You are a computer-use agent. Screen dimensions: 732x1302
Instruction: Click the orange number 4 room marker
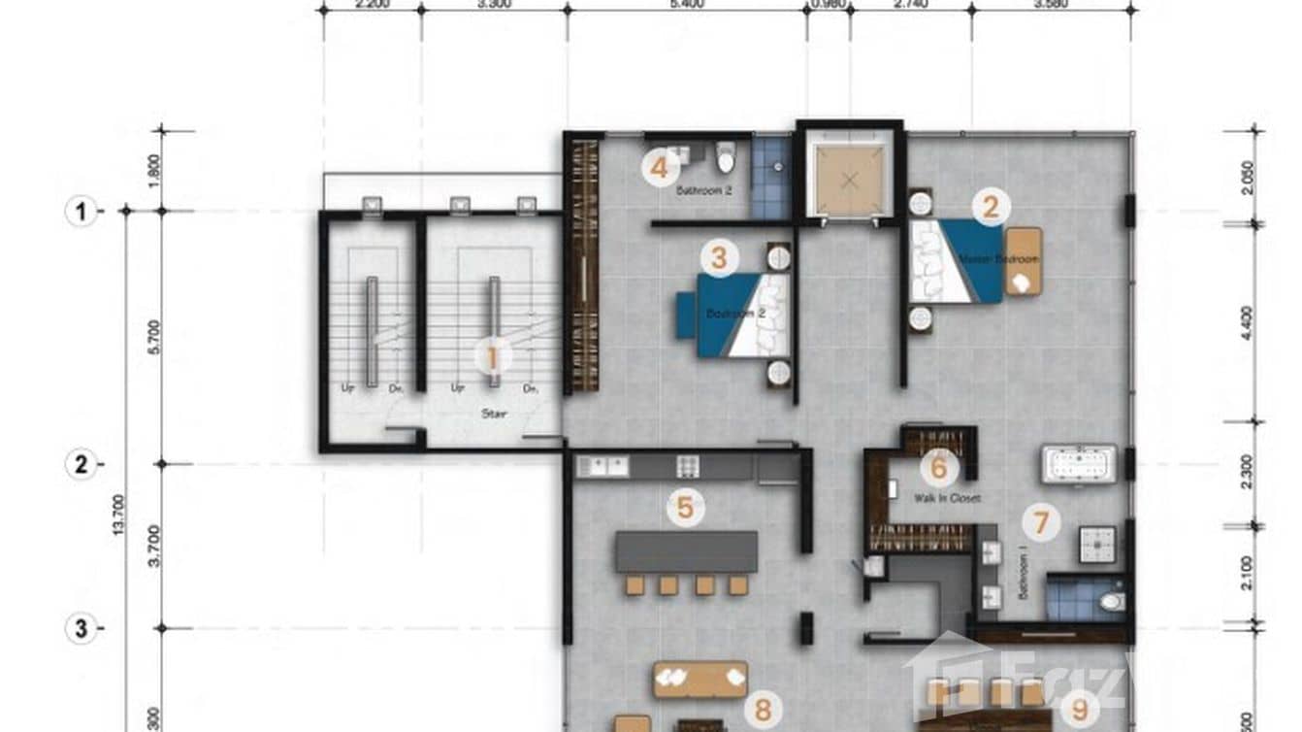[660, 169]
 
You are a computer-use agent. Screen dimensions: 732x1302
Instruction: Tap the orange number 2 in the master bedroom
[991, 207]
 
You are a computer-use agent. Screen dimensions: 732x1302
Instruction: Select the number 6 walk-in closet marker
[938, 469]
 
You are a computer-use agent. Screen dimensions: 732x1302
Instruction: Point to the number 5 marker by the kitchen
[685, 507]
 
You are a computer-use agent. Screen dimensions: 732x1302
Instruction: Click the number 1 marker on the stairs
[492, 357]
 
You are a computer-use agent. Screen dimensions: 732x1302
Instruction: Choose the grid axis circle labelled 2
[81, 464]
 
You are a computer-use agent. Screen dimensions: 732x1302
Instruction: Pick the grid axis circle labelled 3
[81, 629]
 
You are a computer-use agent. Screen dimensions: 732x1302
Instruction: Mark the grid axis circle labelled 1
[81, 211]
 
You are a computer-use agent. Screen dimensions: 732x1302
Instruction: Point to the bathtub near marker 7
[1079, 465]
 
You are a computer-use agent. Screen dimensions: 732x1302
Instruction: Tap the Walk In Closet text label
[947, 498]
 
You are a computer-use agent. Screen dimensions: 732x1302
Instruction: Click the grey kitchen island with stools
[686, 551]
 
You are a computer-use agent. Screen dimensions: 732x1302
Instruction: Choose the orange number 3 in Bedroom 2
[718, 258]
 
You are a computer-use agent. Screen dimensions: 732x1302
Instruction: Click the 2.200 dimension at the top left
[373, 5]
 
